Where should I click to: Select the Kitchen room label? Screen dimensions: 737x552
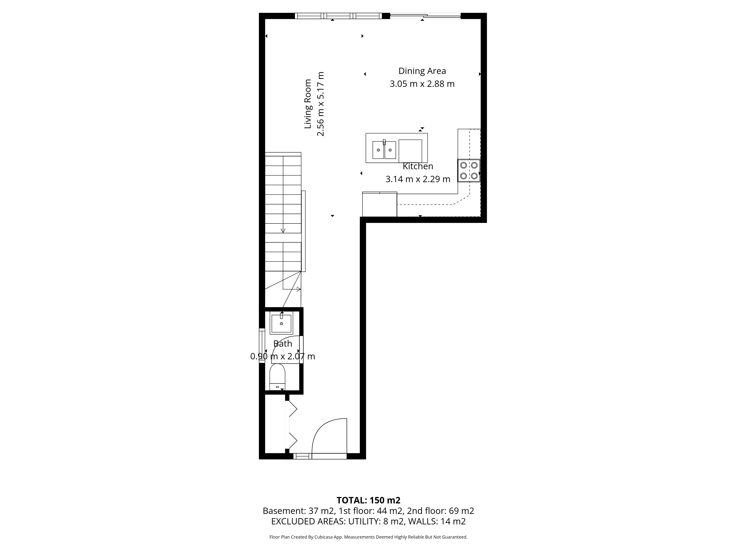coord(418,166)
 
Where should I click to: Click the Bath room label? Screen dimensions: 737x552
coord(282,344)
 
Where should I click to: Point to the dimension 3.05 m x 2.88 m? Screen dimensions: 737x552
coord(422,84)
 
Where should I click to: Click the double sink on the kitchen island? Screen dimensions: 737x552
coord(384,150)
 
